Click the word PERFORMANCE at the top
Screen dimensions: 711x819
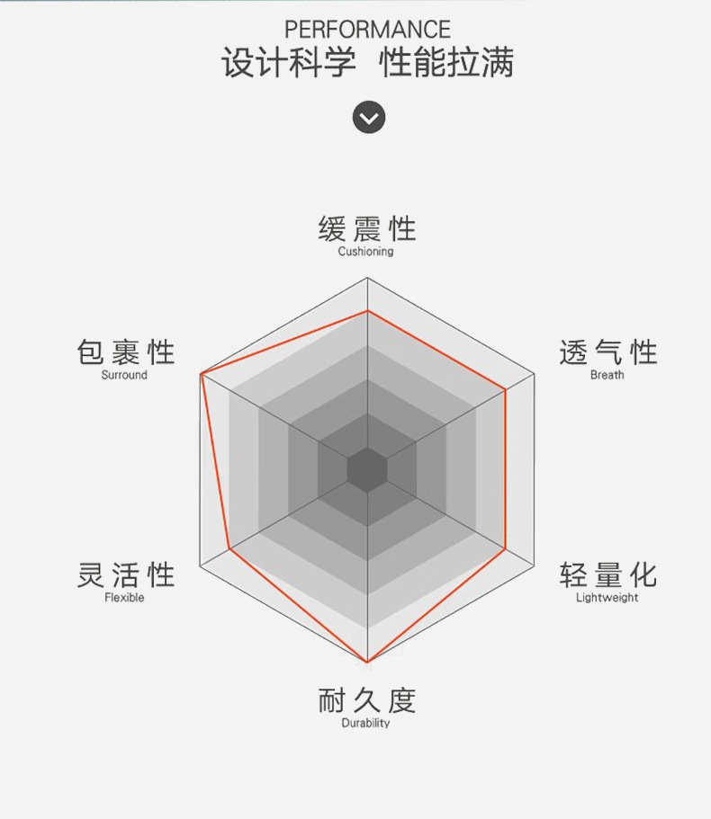367,31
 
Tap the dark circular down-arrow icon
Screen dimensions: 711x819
368,117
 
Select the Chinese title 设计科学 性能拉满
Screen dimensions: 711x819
367,65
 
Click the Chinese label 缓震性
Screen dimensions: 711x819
367,229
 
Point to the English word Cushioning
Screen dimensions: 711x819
365,252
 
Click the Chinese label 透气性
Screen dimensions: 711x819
607,352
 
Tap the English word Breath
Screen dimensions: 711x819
607,375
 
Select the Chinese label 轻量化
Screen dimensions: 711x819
607,574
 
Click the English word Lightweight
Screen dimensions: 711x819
607,598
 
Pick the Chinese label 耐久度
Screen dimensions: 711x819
367,700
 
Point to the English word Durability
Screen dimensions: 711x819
365,723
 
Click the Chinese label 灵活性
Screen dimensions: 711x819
125,574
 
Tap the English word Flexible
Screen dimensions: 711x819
124,598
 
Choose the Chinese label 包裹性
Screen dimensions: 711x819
125,352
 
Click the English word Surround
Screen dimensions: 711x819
124,375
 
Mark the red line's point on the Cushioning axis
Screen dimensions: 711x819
367,312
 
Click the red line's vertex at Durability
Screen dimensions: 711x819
367,663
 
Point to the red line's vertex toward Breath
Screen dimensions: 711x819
505,390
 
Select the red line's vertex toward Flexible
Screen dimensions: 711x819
230,548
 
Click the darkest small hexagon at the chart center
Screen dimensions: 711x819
367,469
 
